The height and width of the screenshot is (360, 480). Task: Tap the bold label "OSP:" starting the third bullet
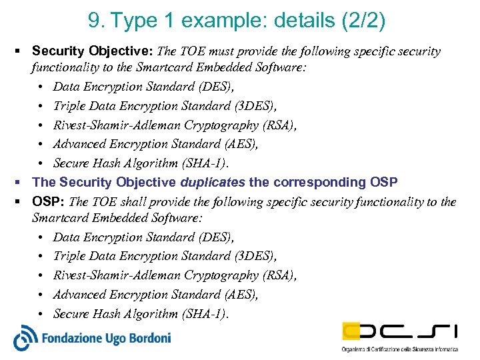49,201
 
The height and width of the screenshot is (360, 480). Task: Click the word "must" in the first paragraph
217,51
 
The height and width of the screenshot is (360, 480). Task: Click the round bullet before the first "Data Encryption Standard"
42,87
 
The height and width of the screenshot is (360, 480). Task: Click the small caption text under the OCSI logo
399,349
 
